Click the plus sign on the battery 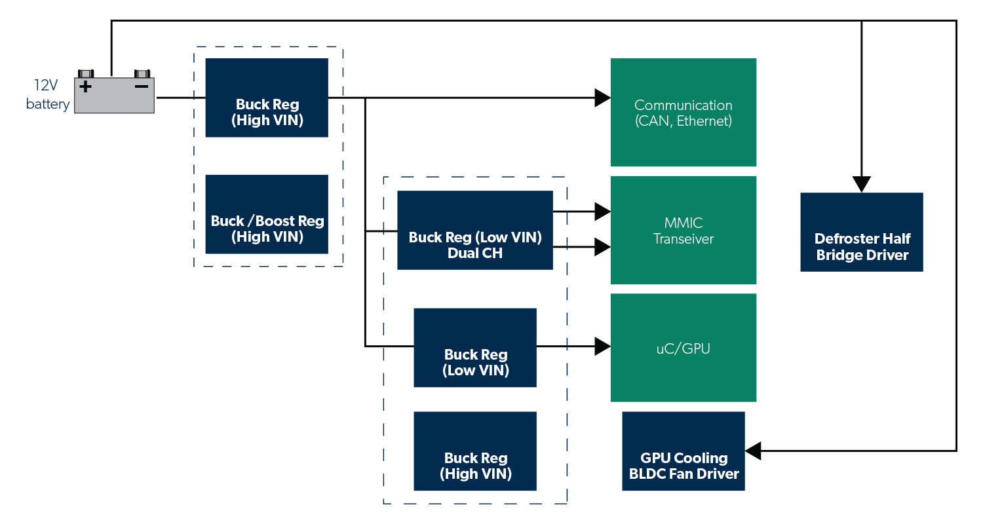[x=85, y=86]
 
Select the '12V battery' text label [x=48, y=95]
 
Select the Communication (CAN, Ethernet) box [x=684, y=113]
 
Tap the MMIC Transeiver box [x=684, y=231]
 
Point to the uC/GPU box [x=684, y=348]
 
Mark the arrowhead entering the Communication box [x=602, y=98]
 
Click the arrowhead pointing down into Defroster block [x=862, y=184]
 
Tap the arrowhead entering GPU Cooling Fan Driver [x=754, y=451]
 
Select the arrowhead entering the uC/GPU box [x=602, y=346]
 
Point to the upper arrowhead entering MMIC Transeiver [x=602, y=212]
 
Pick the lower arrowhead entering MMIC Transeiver [x=602, y=247]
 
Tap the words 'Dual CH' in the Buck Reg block [x=475, y=253]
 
